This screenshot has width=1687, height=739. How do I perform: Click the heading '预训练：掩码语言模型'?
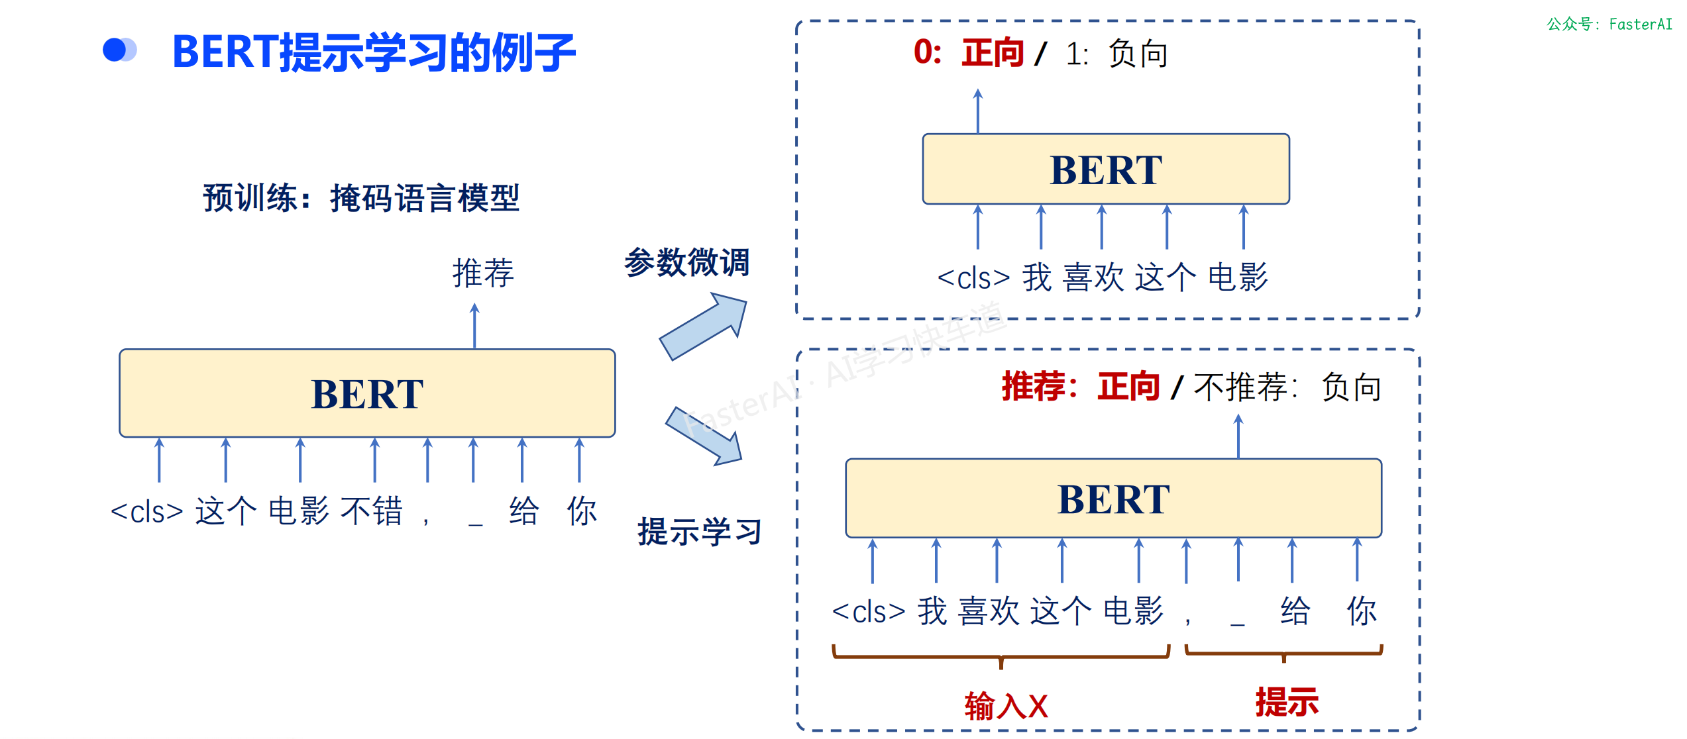361,198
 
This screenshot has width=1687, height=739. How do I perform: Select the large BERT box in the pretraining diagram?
367,393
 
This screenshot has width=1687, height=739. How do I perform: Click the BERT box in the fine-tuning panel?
1105,170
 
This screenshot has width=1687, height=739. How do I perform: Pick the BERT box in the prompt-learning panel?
1113,498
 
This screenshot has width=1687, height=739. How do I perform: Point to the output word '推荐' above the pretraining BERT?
483,273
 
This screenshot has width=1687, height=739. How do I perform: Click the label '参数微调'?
686,262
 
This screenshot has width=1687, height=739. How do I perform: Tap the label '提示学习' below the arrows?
699,532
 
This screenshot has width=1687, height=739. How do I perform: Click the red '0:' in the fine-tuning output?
928,52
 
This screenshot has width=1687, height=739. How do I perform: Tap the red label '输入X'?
1006,706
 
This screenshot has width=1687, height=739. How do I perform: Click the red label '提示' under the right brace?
1287,702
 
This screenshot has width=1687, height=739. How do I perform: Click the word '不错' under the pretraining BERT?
372,511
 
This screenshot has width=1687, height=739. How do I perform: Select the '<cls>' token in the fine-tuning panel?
973,278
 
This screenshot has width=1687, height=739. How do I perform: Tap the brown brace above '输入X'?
1001,656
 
